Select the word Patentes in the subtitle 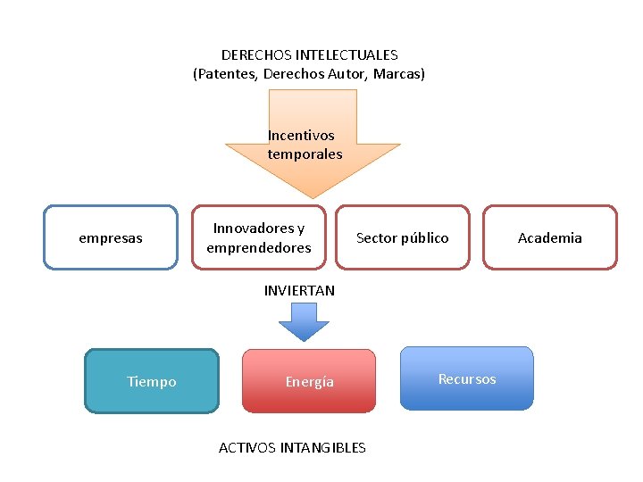227,74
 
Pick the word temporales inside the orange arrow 305,154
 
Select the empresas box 111,237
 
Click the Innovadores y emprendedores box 259,237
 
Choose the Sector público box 403,237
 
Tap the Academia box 550,237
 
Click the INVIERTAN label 299,290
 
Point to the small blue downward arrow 304,321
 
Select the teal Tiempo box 152,381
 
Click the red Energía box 309,381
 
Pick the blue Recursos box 467,378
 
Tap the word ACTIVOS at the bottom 248,447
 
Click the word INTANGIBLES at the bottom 323,447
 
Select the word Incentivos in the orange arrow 301,136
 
